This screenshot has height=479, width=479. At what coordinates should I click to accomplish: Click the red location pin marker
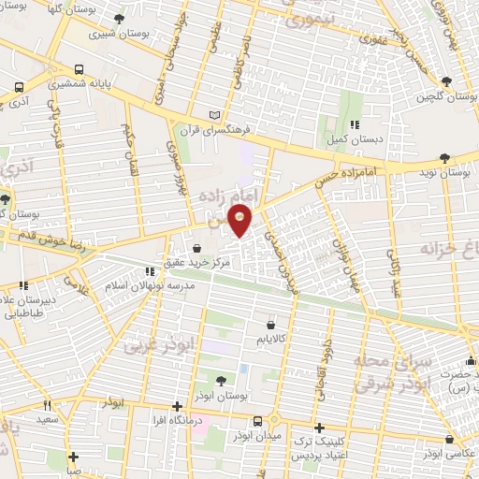(x=241, y=223)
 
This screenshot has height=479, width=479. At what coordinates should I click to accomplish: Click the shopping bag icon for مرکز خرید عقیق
(x=197, y=248)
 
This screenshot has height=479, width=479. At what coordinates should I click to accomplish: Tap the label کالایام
(x=271, y=340)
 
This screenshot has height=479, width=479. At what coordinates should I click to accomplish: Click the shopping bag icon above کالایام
(x=271, y=325)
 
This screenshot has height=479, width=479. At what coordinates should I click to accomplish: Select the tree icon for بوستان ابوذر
(x=220, y=380)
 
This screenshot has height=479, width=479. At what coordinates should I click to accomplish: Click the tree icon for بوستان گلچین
(x=444, y=81)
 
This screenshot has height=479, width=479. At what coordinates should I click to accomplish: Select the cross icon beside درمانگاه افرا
(x=178, y=406)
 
